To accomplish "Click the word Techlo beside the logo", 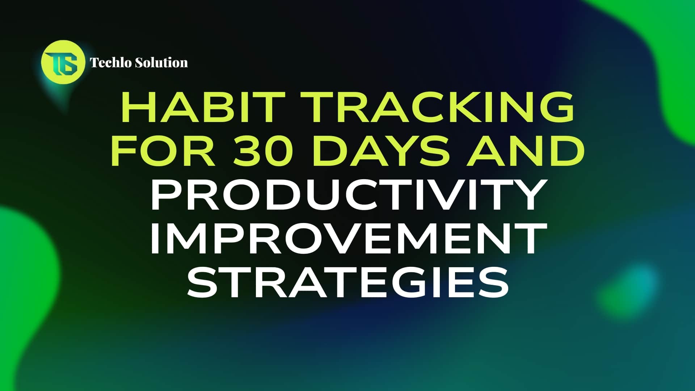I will (x=110, y=63).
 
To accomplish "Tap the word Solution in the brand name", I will (x=161, y=63).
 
